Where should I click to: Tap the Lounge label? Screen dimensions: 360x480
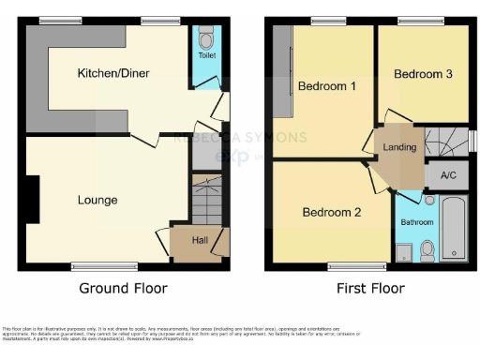pos(97,200)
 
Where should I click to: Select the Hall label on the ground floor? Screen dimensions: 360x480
pos(200,241)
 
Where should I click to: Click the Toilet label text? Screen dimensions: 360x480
pos(205,56)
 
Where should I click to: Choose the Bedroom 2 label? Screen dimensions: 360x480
pos(331,213)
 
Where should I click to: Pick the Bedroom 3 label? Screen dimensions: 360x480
pos(423,74)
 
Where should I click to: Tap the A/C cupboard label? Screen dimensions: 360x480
pos(447,174)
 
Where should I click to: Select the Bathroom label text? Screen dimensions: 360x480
pos(417,222)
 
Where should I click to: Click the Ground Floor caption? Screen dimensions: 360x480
pos(117,289)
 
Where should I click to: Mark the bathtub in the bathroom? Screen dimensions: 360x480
pos(454,228)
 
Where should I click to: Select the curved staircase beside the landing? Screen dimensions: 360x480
pos(445,142)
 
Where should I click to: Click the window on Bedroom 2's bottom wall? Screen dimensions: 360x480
pos(343,266)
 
